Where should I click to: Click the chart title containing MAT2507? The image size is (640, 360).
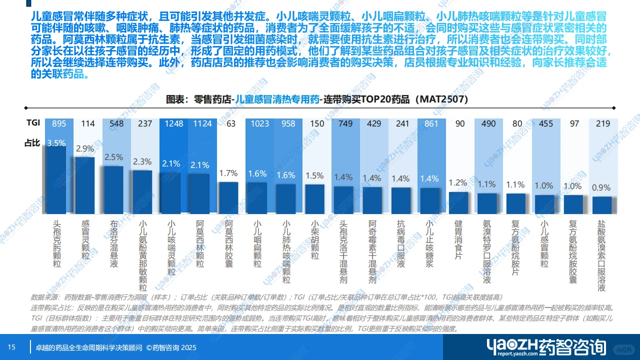pyautogui.click(x=317, y=99)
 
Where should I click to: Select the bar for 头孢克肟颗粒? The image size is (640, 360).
pyautogui.click(x=56, y=180)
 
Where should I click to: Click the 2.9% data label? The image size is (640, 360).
pyautogui.click(x=85, y=148)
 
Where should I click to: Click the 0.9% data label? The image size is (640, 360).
pyautogui.click(x=601, y=188)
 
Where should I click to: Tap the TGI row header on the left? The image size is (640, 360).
pyautogui.click(x=33, y=122)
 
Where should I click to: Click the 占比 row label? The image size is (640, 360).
pyautogui.click(x=32, y=143)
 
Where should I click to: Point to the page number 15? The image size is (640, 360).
pyautogui.click(x=11, y=347)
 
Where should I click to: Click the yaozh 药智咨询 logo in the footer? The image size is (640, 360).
pyautogui.click(x=546, y=347)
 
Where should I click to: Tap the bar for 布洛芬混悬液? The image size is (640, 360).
pyautogui.click(x=113, y=190)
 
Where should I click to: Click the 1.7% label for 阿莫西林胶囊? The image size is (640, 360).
pyautogui.click(x=228, y=173)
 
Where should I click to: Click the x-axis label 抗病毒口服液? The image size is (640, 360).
pyautogui.click(x=401, y=243)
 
